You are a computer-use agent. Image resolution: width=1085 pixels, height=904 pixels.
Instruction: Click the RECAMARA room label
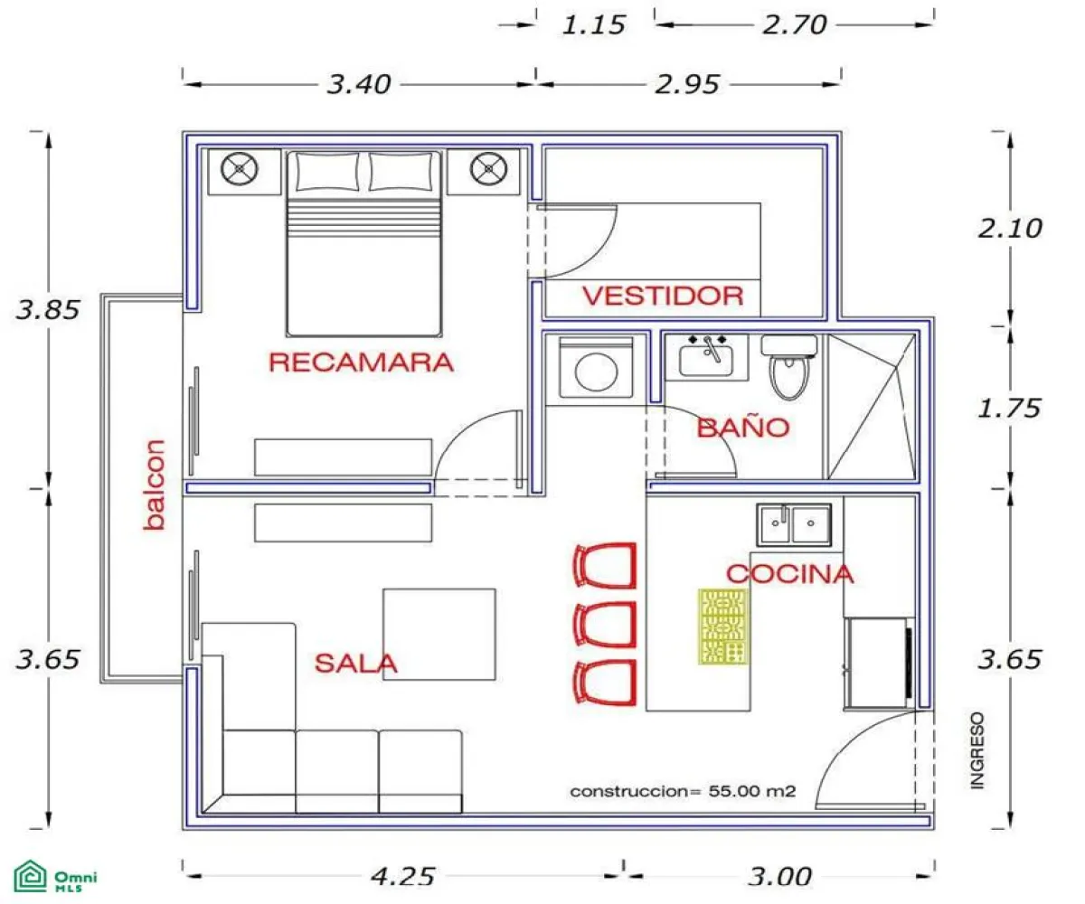(361, 363)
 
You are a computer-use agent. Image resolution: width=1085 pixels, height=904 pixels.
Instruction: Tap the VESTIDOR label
(662, 296)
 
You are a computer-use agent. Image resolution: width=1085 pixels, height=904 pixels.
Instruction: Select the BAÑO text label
(743, 428)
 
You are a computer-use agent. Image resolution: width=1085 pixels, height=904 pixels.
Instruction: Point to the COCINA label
(789, 573)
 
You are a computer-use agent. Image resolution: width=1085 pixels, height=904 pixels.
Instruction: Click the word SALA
(355, 664)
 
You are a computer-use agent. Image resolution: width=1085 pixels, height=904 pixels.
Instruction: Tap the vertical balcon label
(156, 485)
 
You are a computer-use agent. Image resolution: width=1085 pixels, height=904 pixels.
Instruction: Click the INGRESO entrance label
(976, 750)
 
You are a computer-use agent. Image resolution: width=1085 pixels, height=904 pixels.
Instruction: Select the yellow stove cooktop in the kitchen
(723, 626)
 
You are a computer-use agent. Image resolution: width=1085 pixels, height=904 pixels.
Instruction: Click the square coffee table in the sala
(439, 634)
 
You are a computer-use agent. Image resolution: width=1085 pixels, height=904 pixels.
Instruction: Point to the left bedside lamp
(239, 168)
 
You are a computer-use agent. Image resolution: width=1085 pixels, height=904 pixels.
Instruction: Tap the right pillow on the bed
(400, 171)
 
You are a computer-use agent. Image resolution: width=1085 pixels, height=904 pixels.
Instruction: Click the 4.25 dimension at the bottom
(403, 876)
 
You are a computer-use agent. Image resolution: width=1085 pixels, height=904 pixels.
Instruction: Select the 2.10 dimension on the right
(1010, 228)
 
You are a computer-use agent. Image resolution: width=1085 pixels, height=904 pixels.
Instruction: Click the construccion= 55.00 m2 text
(683, 792)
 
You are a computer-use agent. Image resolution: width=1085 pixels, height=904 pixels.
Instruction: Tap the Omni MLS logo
(56, 878)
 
